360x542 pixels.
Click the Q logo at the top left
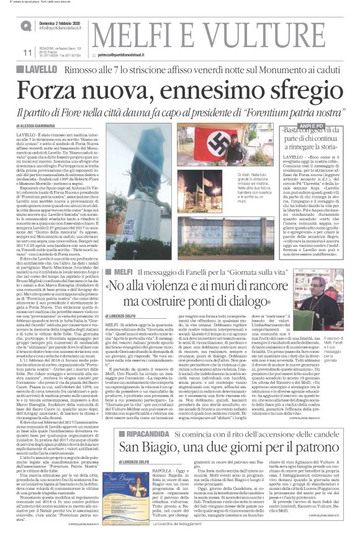(x=25, y=25)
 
